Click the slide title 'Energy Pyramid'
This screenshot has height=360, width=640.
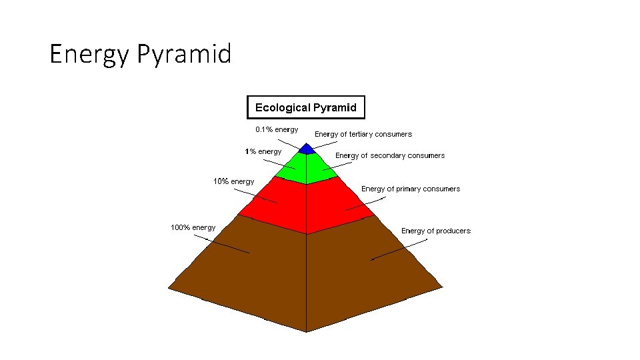(x=140, y=53)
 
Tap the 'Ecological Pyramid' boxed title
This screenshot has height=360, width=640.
(x=306, y=107)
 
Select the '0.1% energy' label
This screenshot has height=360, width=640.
(x=277, y=129)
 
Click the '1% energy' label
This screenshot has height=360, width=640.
(x=263, y=151)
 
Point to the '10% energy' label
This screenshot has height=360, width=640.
(x=233, y=181)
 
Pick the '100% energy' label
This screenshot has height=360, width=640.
(x=193, y=227)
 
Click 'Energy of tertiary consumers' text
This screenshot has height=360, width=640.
(x=363, y=134)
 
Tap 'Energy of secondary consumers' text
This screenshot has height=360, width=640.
(x=390, y=155)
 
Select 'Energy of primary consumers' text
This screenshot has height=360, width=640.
(x=411, y=189)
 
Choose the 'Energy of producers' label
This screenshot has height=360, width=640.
(x=436, y=231)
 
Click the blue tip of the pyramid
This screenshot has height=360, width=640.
(x=306, y=149)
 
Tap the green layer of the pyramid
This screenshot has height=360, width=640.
(x=306, y=170)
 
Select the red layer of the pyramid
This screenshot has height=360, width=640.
(x=306, y=207)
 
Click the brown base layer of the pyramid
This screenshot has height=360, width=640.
(x=306, y=280)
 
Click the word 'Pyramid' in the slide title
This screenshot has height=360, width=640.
(x=184, y=53)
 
